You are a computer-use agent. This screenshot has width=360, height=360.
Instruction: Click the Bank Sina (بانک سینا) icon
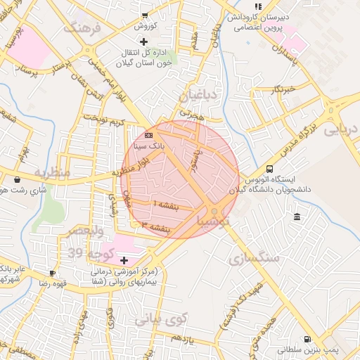(x=148, y=134)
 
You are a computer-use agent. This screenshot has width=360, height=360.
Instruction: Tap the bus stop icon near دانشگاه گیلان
(x=269, y=169)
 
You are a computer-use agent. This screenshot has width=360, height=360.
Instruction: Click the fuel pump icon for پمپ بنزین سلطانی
(x=307, y=338)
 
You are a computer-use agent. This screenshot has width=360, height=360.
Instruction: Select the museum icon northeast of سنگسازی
(x=297, y=215)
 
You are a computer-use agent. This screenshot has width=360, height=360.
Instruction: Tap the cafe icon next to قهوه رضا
(x=52, y=273)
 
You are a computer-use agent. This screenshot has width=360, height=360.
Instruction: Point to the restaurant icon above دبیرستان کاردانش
(x=257, y=6)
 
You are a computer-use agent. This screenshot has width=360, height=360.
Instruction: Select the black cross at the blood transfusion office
(x=144, y=41)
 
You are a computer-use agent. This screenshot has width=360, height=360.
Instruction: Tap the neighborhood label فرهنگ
(x=82, y=28)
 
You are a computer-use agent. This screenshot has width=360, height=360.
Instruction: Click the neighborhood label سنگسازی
(x=254, y=257)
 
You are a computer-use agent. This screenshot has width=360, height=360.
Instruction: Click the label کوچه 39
(x=85, y=252)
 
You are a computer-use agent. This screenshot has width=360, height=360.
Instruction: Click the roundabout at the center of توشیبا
(x=214, y=211)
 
